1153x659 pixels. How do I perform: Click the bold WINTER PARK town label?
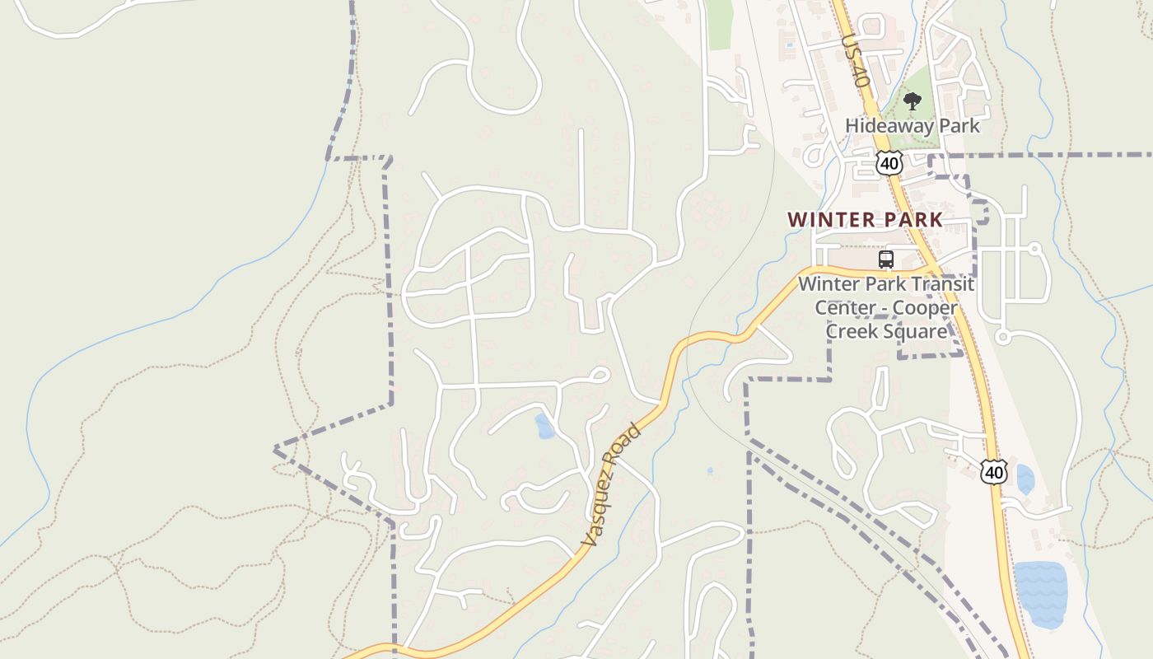(x=865, y=220)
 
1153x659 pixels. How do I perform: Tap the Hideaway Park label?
(x=913, y=126)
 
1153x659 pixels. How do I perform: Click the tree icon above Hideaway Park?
(x=912, y=101)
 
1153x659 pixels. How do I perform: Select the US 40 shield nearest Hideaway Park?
(x=889, y=163)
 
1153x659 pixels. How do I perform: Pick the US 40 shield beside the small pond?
(x=994, y=472)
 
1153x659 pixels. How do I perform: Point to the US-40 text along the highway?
(x=856, y=61)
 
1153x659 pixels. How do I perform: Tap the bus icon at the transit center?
(x=886, y=259)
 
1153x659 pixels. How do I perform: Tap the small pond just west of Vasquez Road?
(x=544, y=426)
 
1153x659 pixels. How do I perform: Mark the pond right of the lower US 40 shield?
(x=1025, y=479)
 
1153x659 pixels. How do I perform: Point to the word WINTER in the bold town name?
(x=827, y=220)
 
